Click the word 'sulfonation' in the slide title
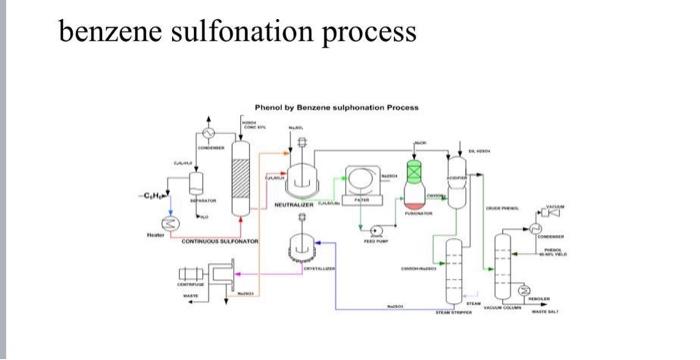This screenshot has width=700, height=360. coord(232,32)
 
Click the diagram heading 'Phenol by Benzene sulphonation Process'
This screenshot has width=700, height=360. coord(337,107)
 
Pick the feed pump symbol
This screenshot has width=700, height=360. coord(375,229)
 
